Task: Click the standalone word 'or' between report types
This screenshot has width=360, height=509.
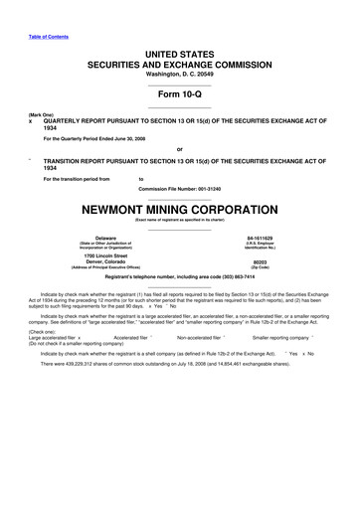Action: (x=180, y=149)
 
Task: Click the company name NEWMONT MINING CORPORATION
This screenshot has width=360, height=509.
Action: (x=180, y=211)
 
